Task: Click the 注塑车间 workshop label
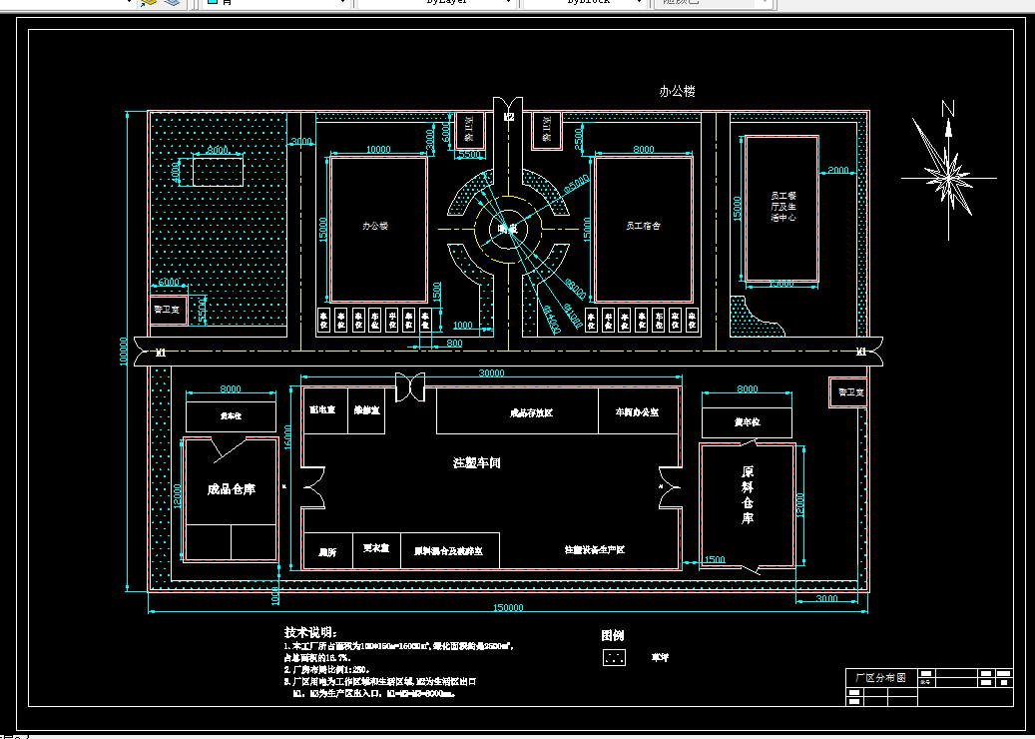[476, 462]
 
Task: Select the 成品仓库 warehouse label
[231, 489]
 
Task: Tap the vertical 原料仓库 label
[748, 494]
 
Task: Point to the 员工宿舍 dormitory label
[643, 227]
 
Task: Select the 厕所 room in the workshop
[326, 551]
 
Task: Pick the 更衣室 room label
[376, 548]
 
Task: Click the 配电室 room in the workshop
[322, 409]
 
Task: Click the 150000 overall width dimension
[509, 607]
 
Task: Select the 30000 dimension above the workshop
[492, 373]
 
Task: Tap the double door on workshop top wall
[410, 386]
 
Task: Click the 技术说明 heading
[309, 633]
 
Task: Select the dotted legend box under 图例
[616, 657]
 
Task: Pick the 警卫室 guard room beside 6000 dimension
[168, 310]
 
